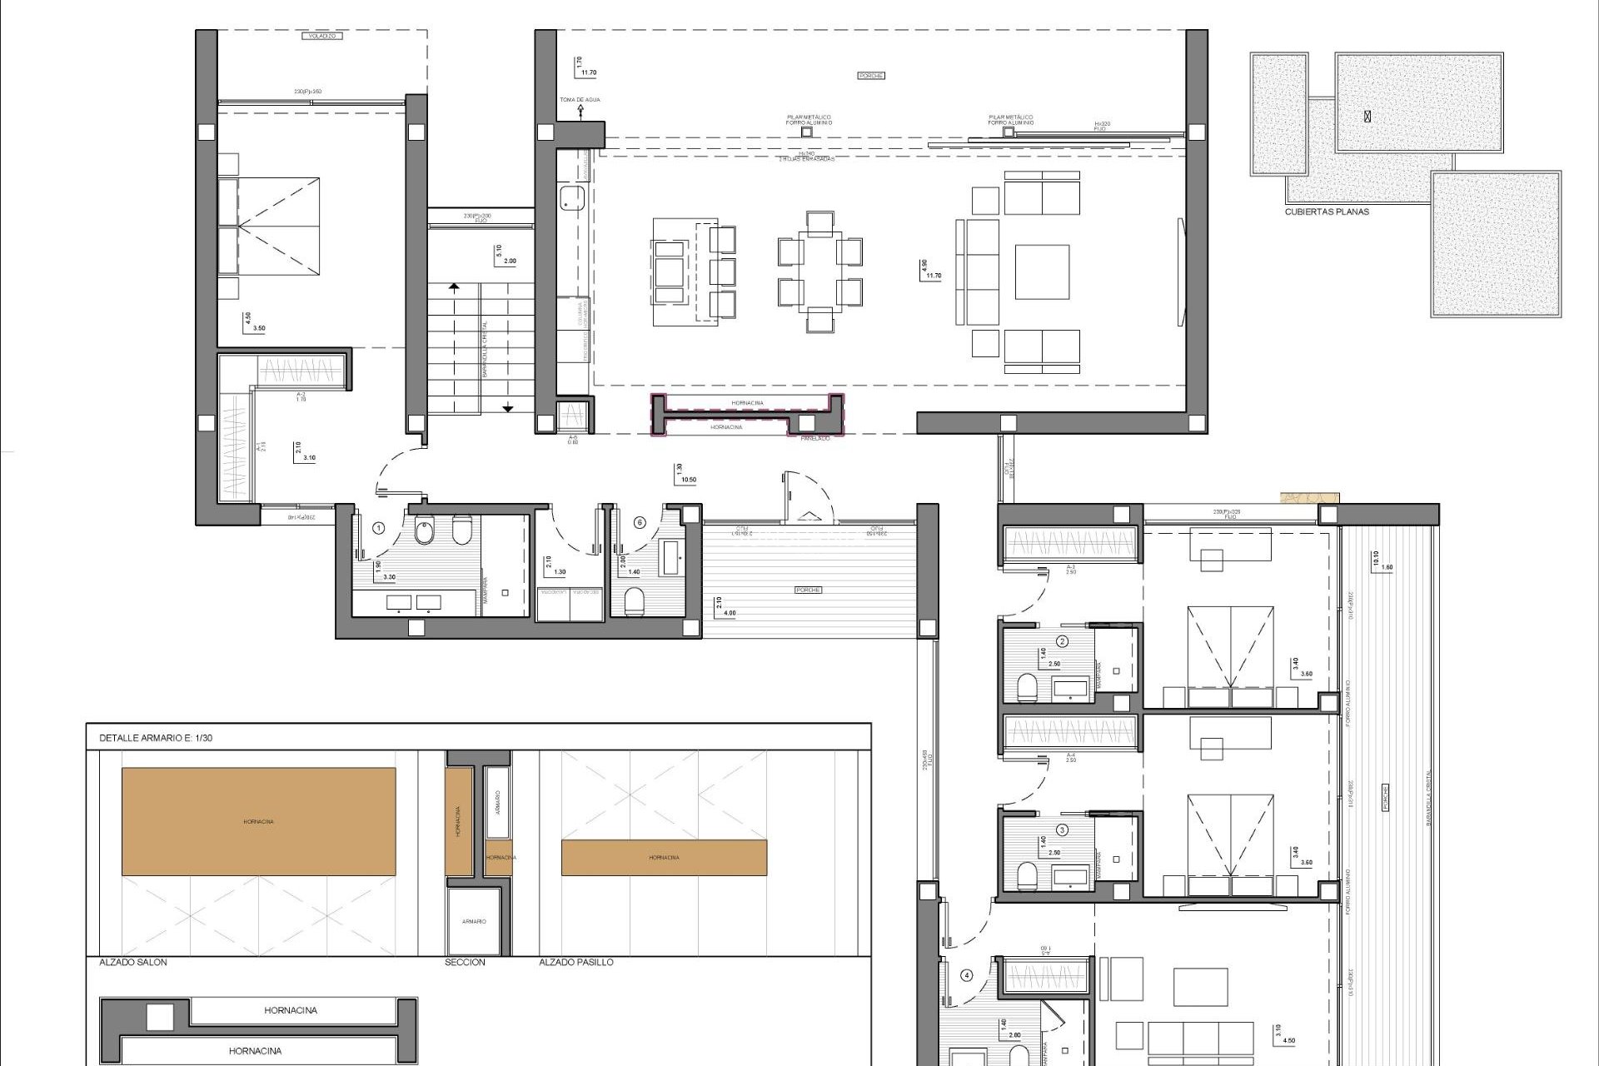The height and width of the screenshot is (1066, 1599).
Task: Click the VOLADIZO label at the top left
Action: (321, 37)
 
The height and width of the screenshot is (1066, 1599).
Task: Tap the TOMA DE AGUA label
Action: (580, 100)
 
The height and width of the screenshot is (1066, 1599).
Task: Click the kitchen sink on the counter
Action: (571, 198)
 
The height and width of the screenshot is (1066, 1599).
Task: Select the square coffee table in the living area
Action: (1042, 271)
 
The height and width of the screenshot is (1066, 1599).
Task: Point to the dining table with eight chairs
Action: (819, 271)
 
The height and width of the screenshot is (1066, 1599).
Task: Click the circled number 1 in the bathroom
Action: (379, 527)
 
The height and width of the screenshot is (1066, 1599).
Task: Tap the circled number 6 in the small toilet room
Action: (640, 523)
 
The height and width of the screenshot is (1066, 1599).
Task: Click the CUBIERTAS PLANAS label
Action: (1327, 212)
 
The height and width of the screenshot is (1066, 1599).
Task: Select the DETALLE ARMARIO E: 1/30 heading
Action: (156, 738)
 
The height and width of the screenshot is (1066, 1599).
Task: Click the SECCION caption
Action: (466, 962)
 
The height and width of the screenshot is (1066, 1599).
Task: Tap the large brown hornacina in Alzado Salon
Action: (258, 821)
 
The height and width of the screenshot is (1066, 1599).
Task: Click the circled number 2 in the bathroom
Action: (1062, 641)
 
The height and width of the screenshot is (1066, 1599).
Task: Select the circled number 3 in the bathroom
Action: (1062, 829)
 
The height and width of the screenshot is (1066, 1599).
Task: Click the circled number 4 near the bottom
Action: (967, 975)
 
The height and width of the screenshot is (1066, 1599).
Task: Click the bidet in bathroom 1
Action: (425, 530)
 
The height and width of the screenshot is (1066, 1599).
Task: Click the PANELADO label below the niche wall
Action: (814, 437)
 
